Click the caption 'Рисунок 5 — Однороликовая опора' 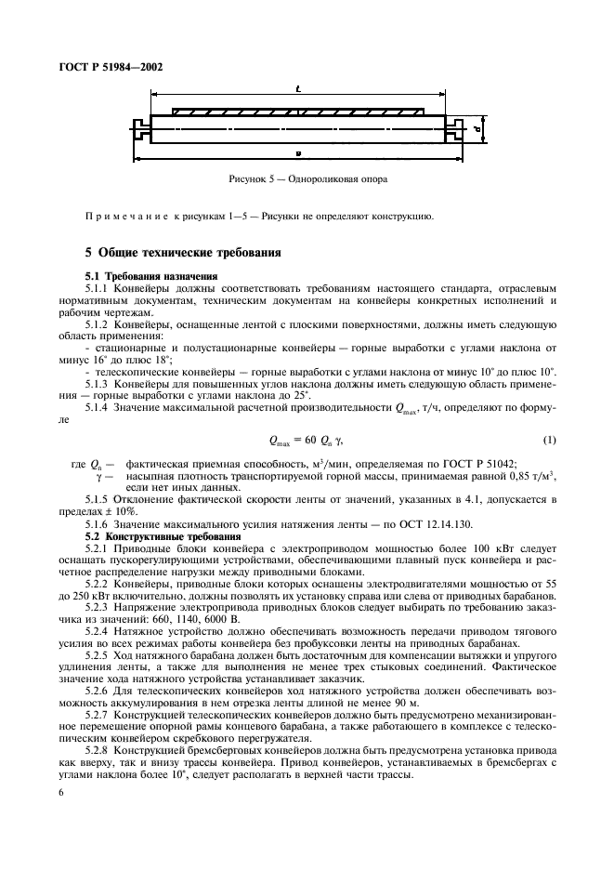coord(306,178)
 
